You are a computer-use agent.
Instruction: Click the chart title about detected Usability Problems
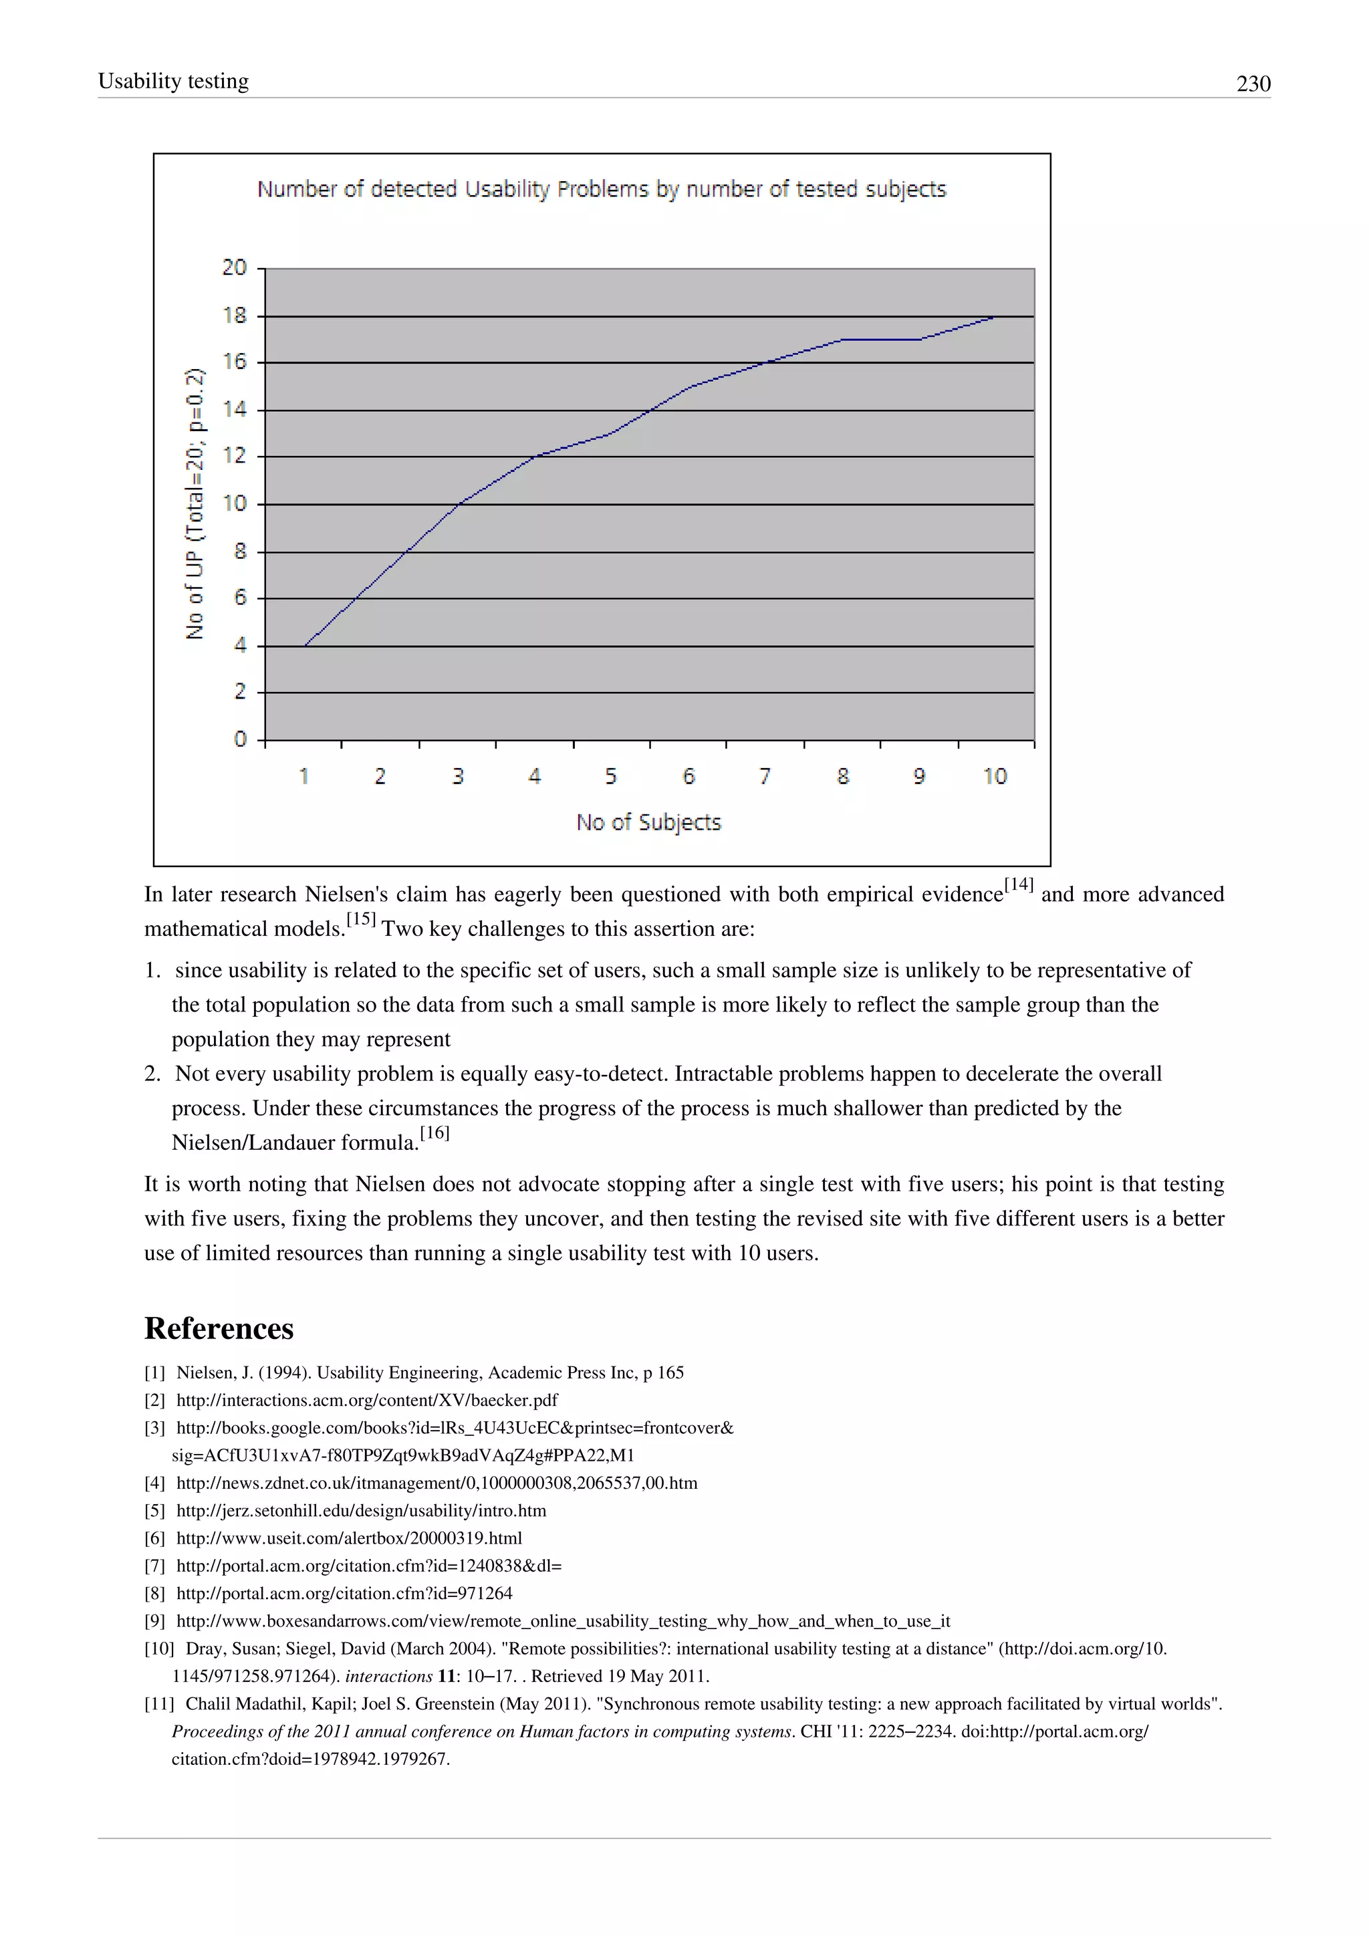[x=601, y=189]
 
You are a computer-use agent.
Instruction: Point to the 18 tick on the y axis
[x=235, y=316]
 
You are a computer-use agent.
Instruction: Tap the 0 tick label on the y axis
[x=240, y=739]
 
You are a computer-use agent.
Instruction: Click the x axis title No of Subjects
[x=648, y=822]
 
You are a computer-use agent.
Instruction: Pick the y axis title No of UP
[x=195, y=503]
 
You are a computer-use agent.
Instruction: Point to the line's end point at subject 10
[x=995, y=317]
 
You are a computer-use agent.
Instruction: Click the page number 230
[x=1253, y=84]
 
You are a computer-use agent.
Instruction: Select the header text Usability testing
[x=174, y=81]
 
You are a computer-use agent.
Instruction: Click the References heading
[x=219, y=1328]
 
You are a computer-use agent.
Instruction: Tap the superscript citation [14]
[x=1018, y=884]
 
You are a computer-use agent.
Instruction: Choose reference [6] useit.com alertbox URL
[x=349, y=1538]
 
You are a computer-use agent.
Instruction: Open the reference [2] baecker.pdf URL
[x=367, y=1400]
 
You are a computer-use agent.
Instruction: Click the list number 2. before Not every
[x=152, y=1074]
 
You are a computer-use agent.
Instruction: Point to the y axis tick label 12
[x=235, y=456]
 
